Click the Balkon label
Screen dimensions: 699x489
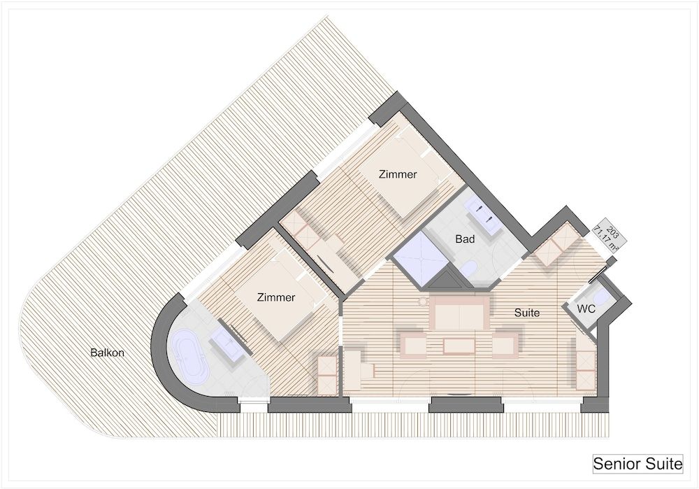(x=107, y=353)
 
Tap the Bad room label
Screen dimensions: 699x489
(x=465, y=239)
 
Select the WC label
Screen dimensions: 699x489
(x=586, y=309)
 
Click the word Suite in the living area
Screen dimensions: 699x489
(x=527, y=313)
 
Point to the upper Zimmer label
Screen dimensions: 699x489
(x=398, y=174)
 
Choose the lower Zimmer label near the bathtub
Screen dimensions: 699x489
(x=276, y=297)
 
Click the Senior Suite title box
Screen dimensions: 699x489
(x=637, y=464)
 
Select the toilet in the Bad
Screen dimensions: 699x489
(x=469, y=269)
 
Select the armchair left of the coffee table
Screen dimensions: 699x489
(x=413, y=343)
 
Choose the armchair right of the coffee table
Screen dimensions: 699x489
(x=505, y=343)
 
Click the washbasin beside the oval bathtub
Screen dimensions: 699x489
(x=227, y=344)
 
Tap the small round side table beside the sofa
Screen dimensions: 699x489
(x=421, y=302)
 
